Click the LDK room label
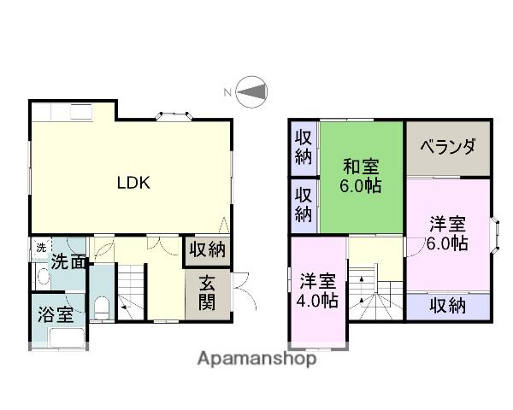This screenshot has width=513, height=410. pyautogui.click(x=133, y=183)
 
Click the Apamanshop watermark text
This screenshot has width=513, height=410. pyautogui.click(x=256, y=359)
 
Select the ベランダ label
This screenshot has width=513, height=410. pyautogui.click(x=448, y=146)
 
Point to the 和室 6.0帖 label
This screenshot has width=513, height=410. pyautogui.click(x=361, y=176)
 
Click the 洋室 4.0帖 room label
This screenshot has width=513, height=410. pyautogui.click(x=317, y=290)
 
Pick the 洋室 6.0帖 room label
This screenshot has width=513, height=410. pyautogui.click(x=447, y=233)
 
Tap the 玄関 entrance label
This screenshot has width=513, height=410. pyautogui.click(x=208, y=292)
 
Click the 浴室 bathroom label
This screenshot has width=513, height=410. pyautogui.click(x=56, y=314)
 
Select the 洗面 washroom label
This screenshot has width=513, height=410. pyautogui.click(x=68, y=261)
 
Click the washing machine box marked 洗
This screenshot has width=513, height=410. pyautogui.click(x=41, y=249)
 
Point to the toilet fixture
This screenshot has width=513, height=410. pyautogui.click(x=102, y=307)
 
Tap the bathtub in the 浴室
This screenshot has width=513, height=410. pyautogui.click(x=67, y=337)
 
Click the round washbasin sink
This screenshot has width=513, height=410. pyautogui.click(x=44, y=277)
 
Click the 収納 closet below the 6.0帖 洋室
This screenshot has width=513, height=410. pyautogui.click(x=448, y=307)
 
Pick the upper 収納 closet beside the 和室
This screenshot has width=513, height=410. pyautogui.click(x=304, y=148)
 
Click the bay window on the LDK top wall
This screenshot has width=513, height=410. pyautogui.click(x=174, y=116)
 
